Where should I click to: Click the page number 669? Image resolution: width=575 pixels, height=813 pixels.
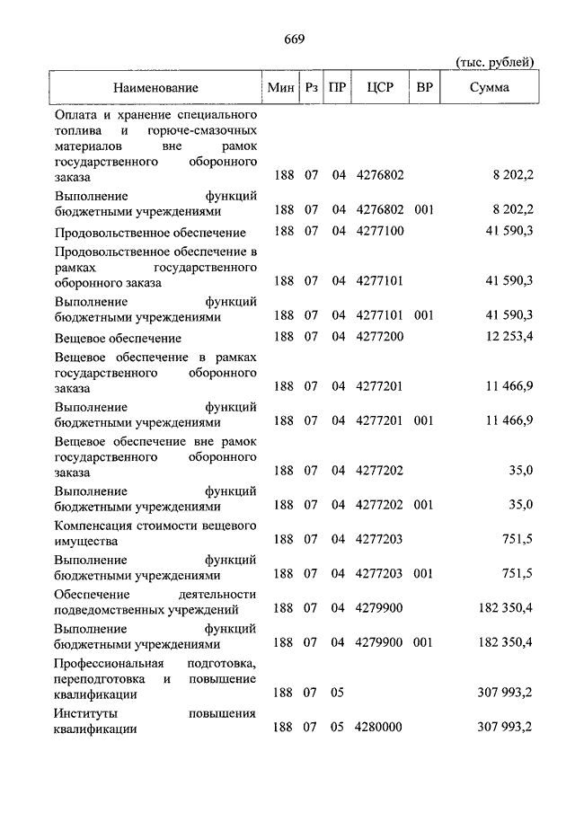(x=293, y=39)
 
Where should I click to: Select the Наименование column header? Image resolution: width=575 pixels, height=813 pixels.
(x=155, y=87)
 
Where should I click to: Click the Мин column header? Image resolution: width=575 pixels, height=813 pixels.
(x=281, y=87)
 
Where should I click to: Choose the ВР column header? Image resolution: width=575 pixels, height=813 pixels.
(x=425, y=87)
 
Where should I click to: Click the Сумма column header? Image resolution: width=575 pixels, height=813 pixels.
(x=489, y=87)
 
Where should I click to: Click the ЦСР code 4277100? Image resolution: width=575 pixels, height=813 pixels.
(x=380, y=232)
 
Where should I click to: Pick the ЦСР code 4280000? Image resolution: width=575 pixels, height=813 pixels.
(x=380, y=728)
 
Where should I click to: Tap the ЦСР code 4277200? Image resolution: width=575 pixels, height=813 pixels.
(x=380, y=338)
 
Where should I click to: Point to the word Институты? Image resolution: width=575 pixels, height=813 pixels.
(x=85, y=712)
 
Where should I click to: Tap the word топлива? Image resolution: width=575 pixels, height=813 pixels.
(x=77, y=131)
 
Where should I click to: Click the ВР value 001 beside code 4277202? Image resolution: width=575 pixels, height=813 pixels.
(x=424, y=505)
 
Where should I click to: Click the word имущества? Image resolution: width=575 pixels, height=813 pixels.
(x=86, y=542)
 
